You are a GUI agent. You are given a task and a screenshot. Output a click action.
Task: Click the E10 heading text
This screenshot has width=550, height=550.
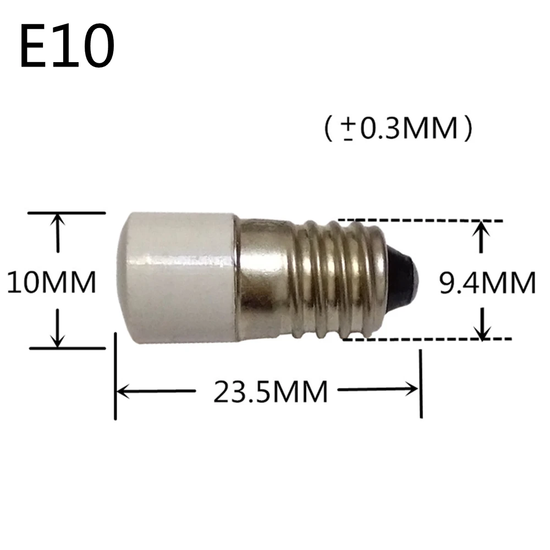click(67, 47)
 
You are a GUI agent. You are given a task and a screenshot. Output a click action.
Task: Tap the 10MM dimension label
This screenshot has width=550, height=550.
click(52, 282)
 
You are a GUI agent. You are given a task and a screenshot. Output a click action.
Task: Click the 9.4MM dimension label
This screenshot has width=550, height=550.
click(487, 283)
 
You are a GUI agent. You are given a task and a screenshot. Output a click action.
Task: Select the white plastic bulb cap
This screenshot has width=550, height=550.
click(176, 278)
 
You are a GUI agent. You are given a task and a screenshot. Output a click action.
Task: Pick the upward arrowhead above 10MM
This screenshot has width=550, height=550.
click(57, 220)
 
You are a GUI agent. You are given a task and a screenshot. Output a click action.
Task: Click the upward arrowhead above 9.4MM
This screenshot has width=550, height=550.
click(481, 228)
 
